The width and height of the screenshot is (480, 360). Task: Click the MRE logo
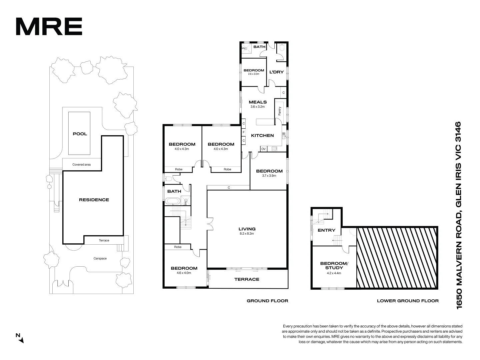(49, 27)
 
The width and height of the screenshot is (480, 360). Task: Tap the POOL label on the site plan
(80, 134)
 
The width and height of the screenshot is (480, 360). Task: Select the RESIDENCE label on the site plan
(94, 200)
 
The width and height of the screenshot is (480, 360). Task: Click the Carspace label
(100, 258)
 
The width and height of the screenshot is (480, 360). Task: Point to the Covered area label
(82, 165)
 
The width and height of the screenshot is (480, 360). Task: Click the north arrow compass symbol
(20, 338)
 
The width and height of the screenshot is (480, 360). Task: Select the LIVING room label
(247, 229)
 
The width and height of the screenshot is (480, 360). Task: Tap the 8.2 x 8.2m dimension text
(247, 234)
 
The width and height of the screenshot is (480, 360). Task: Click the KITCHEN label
(262, 135)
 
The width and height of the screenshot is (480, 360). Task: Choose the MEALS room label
(258, 102)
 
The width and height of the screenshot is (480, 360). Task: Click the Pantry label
(279, 111)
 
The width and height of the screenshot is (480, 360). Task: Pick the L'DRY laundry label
(276, 72)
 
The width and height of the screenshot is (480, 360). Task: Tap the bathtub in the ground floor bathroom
(172, 201)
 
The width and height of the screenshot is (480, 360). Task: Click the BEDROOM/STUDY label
(334, 266)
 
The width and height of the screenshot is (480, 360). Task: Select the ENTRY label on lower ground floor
(326, 230)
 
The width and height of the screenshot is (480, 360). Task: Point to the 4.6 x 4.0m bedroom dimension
(184, 273)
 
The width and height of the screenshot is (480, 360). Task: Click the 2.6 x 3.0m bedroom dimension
(254, 74)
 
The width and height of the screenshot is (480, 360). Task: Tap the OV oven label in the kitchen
(263, 149)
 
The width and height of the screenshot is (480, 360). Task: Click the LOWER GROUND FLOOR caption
(408, 301)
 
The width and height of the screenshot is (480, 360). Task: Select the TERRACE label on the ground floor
(247, 279)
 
